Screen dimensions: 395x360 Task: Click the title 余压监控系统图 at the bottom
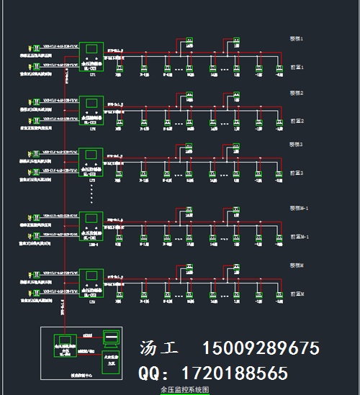[184, 389]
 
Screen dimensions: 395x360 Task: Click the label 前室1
[297, 67]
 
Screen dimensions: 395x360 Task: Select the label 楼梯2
[297, 93]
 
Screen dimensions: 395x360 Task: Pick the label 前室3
[297, 173]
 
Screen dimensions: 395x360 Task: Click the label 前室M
[297, 294]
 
